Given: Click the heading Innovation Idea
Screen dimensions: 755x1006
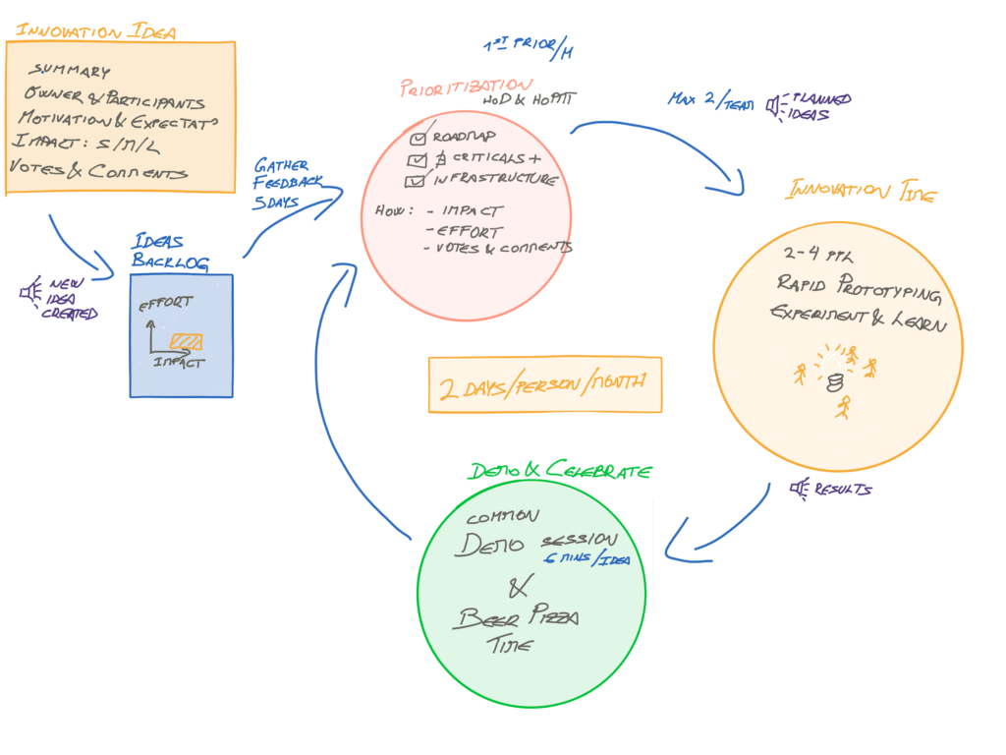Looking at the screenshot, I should [95, 30].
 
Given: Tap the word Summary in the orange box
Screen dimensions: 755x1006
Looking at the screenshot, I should [70, 72].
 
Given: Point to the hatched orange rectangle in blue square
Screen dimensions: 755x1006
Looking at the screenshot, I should [186, 341].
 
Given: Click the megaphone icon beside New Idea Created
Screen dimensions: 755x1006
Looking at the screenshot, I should [30, 291].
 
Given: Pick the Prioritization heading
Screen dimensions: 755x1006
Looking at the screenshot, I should [467, 87].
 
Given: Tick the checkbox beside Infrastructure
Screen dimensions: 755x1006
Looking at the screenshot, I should [416, 180].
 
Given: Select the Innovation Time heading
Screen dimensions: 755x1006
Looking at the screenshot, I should [860, 191].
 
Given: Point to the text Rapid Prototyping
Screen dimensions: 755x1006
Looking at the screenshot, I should [859, 288].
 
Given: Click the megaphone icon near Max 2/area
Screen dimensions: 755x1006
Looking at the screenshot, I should [776, 104].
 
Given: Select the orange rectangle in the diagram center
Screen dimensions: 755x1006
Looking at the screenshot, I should [544, 384].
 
